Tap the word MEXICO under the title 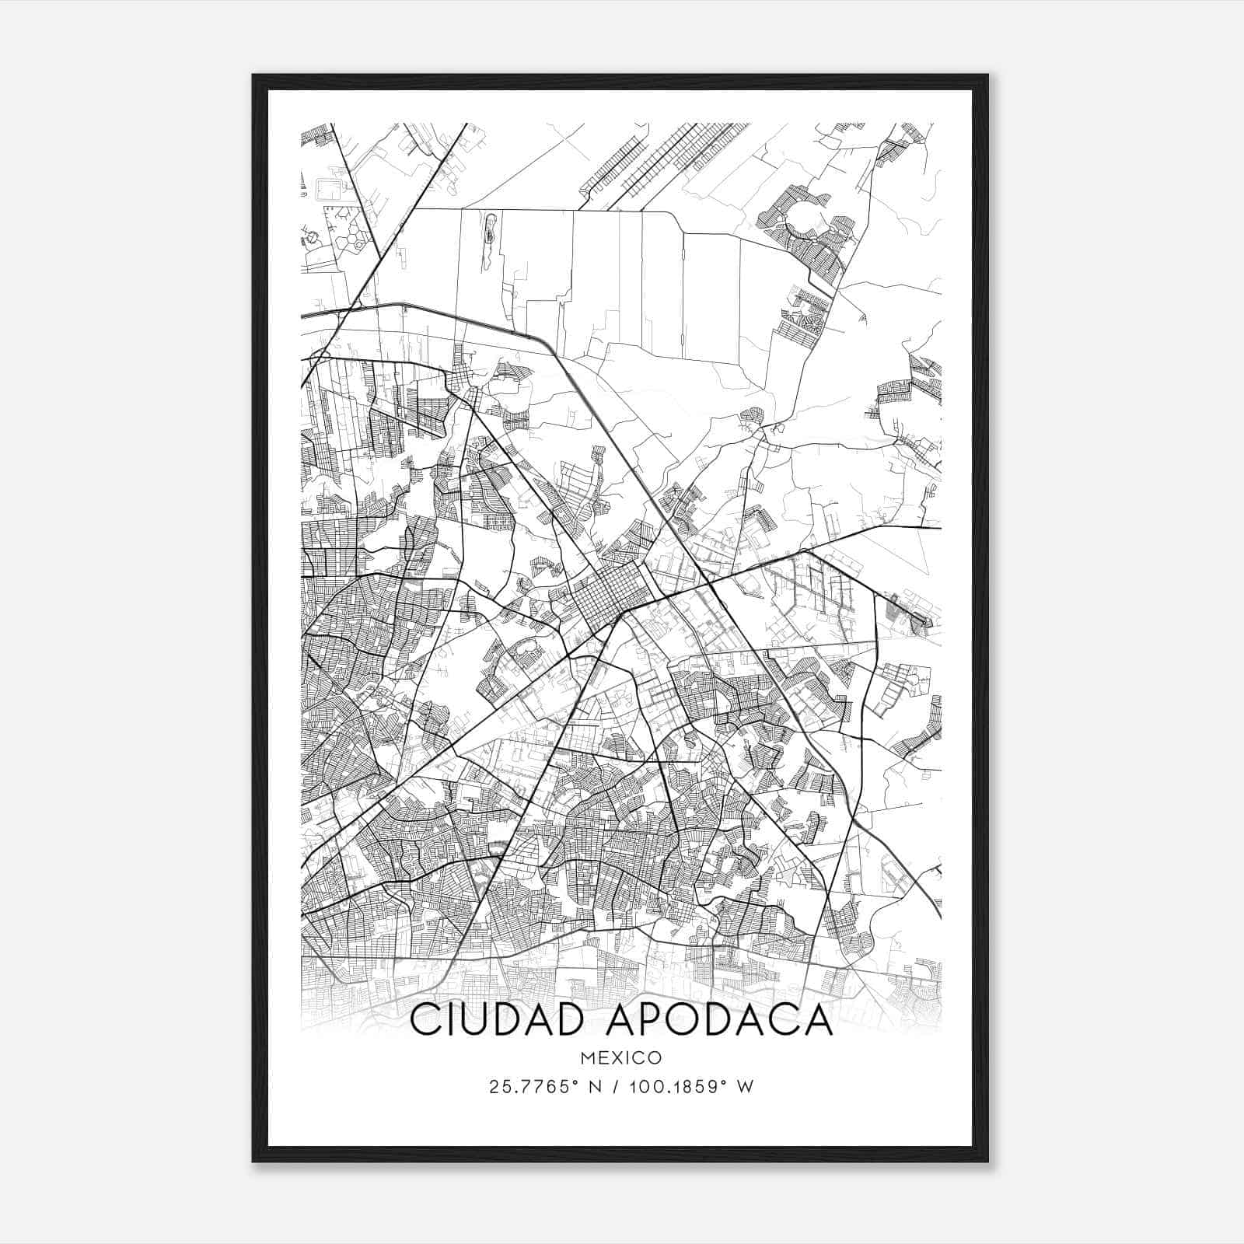click(x=621, y=1057)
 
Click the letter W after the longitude click(x=746, y=1087)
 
